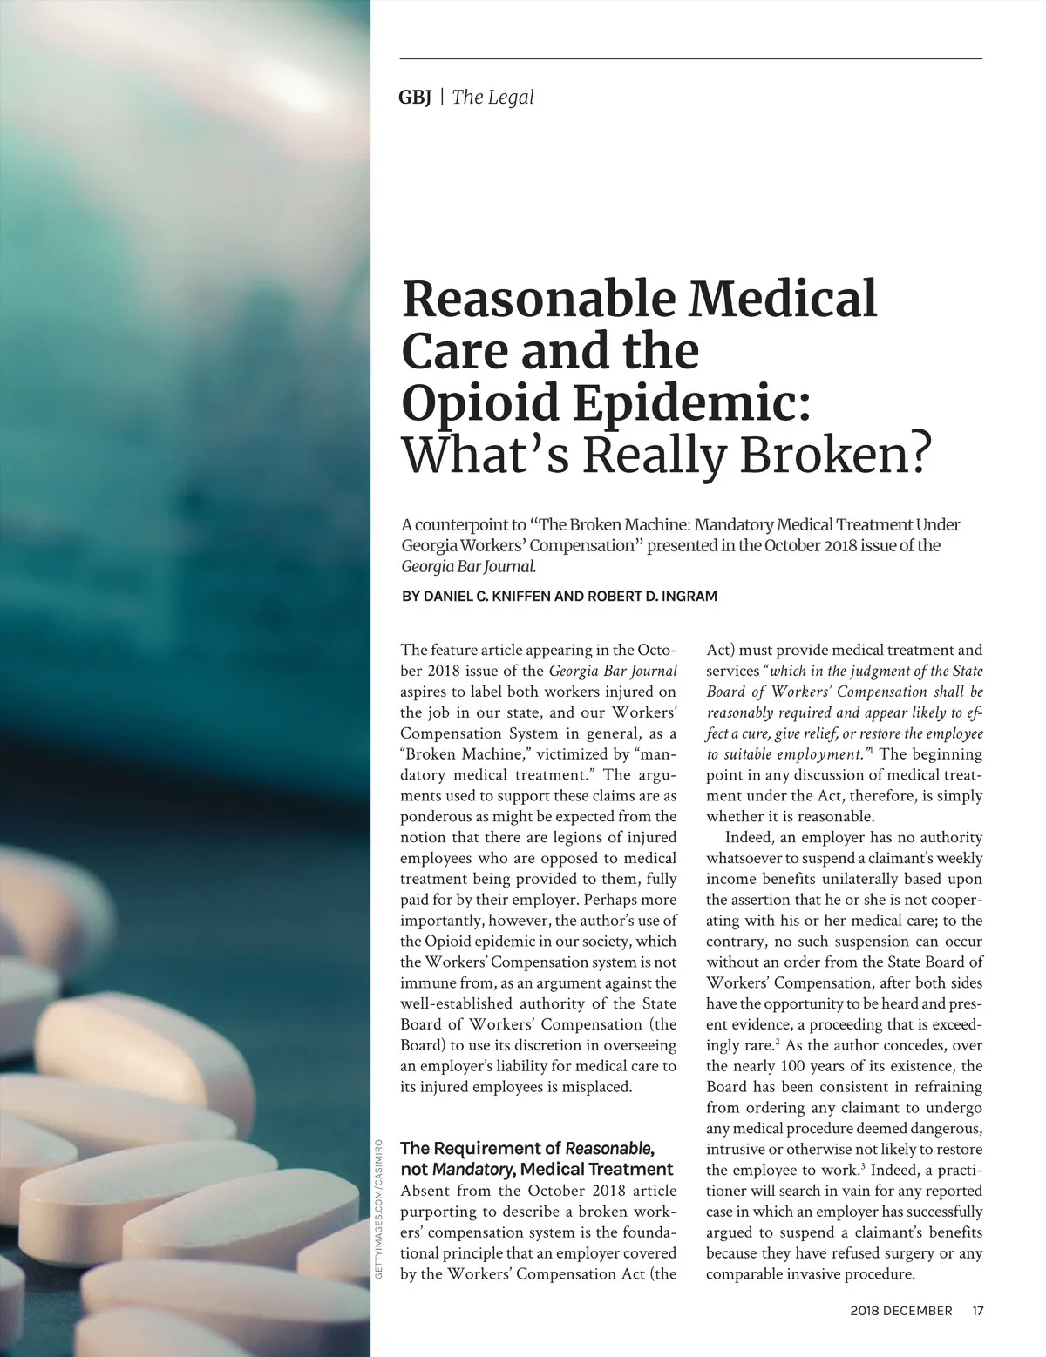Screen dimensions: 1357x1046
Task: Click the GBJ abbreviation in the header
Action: click(x=415, y=98)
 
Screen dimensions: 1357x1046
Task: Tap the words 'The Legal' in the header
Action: click(x=492, y=98)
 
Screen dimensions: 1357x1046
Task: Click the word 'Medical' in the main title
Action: click(x=784, y=299)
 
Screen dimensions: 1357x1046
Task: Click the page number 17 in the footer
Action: click(x=977, y=1310)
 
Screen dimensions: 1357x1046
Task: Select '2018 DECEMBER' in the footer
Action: click(x=900, y=1310)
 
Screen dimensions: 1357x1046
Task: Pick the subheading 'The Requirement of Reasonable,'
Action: click(x=526, y=1148)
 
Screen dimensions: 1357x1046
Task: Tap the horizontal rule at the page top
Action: click(x=690, y=58)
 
